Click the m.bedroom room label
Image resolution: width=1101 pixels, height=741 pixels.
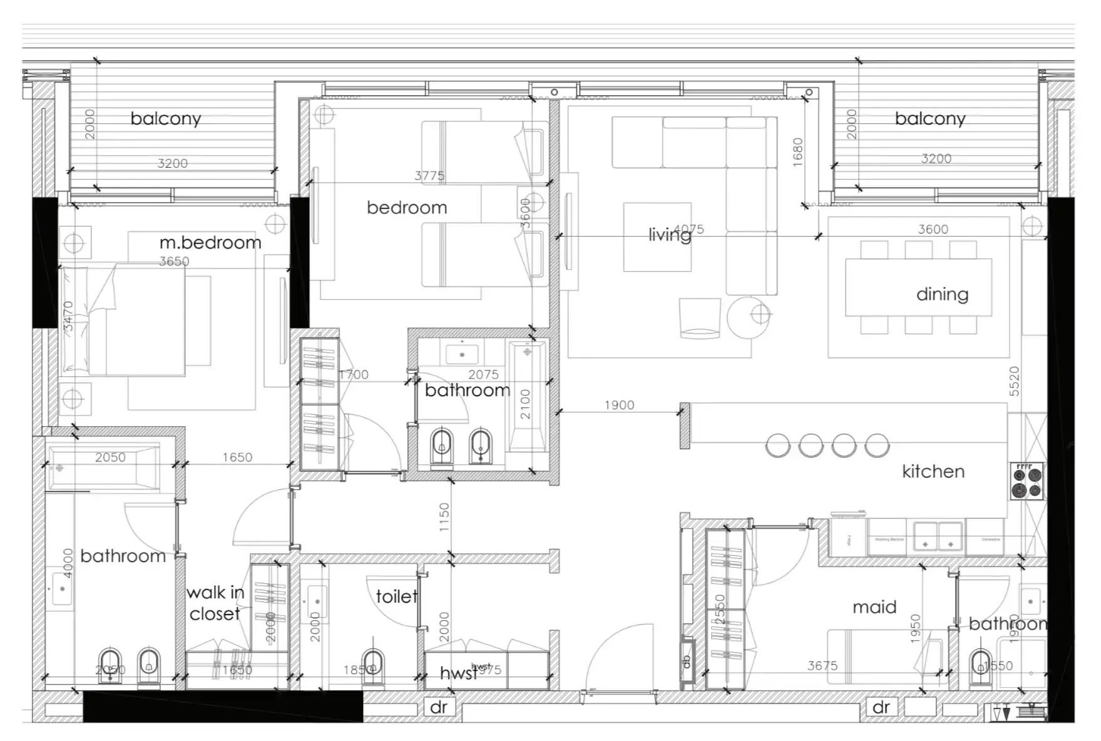click(210, 243)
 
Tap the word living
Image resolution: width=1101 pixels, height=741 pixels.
click(669, 235)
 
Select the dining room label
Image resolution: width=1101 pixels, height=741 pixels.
click(942, 294)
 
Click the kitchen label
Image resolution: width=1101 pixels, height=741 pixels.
click(933, 471)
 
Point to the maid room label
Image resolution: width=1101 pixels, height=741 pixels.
click(874, 607)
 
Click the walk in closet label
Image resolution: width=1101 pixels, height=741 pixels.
click(215, 603)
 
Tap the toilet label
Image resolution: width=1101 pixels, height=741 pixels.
click(396, 596)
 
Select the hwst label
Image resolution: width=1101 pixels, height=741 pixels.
click(458, 673)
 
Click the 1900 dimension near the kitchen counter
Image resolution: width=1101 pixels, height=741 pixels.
click(619, 406)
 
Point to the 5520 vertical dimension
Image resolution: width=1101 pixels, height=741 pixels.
click(1014, 381)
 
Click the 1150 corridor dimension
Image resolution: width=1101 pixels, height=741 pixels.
click(444, 518)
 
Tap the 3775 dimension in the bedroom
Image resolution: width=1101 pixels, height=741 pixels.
click(429, 176)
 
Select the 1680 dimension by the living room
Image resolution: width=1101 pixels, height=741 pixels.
click(797, 151)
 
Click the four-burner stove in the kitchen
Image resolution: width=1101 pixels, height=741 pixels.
click(1027, 481)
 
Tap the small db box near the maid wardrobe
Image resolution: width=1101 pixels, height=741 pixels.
click(687, 661)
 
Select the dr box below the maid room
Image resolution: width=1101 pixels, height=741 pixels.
click(881, 707)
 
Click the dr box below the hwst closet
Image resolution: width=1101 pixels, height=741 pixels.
click(439, 707)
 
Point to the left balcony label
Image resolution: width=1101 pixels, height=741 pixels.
click(166, 119)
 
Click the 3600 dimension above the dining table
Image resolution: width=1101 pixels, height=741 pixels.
click(933, 230)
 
